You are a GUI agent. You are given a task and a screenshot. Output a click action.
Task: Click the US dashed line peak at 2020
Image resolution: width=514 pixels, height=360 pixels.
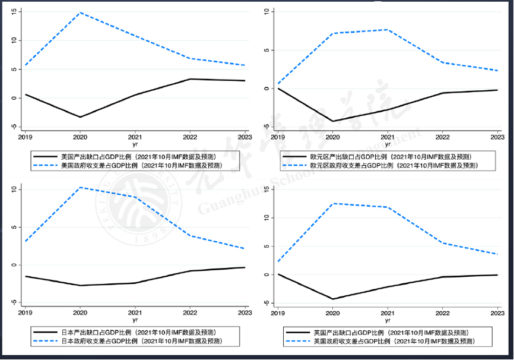tap(81, 12)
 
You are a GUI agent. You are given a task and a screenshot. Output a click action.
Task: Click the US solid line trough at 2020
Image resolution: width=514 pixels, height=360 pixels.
tap(81, 117)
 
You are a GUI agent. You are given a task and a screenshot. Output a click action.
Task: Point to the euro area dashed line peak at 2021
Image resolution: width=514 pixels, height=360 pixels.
tap(388, 30)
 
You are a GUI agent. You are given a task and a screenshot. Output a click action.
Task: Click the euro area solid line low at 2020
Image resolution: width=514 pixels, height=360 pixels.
tap(333, 121)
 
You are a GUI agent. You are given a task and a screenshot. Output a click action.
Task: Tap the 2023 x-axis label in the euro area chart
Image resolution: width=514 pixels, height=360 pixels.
tap(496, 136)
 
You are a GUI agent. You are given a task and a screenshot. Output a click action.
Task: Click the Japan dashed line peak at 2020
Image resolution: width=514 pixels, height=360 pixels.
tap(81, 188)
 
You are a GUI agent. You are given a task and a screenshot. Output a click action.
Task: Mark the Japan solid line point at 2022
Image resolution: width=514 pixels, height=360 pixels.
tap(190, 271)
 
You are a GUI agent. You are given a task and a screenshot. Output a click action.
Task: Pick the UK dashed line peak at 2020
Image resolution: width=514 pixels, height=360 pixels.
tap(333, 204)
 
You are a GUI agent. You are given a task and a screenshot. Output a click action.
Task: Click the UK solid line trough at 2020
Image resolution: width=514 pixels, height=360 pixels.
tap(333, 299)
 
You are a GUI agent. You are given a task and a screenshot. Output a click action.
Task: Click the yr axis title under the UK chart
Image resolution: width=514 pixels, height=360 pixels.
tap(388, 320)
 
